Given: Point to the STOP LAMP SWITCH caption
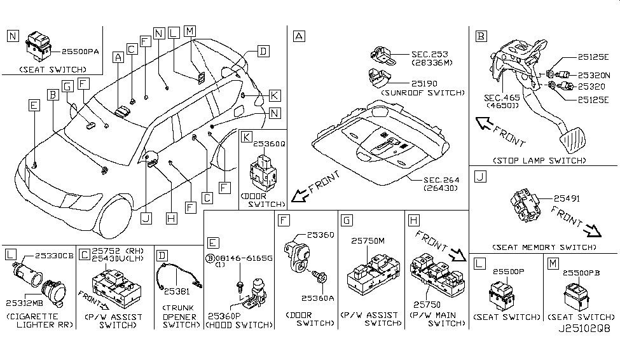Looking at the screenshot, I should click(x=544, y=161).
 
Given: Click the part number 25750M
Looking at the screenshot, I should click(x=368, y=240).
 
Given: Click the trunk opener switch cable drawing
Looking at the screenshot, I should click(x=178, y=275).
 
